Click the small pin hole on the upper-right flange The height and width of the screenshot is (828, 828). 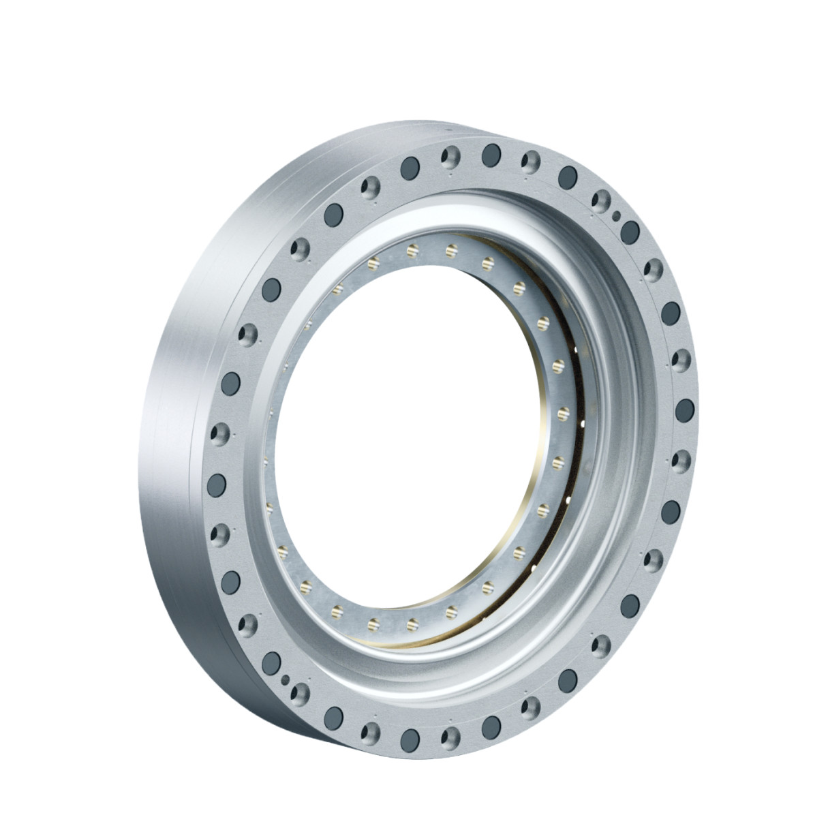pyautogui.click(x=617, y=217)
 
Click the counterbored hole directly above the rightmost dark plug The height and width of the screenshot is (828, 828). pyautogui.click(x=681, y=358)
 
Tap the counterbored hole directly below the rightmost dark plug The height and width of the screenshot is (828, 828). pyautogui.click(x=680, y=461)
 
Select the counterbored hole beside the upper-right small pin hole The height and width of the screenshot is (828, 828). pyautogui.click(x=601, y=200)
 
